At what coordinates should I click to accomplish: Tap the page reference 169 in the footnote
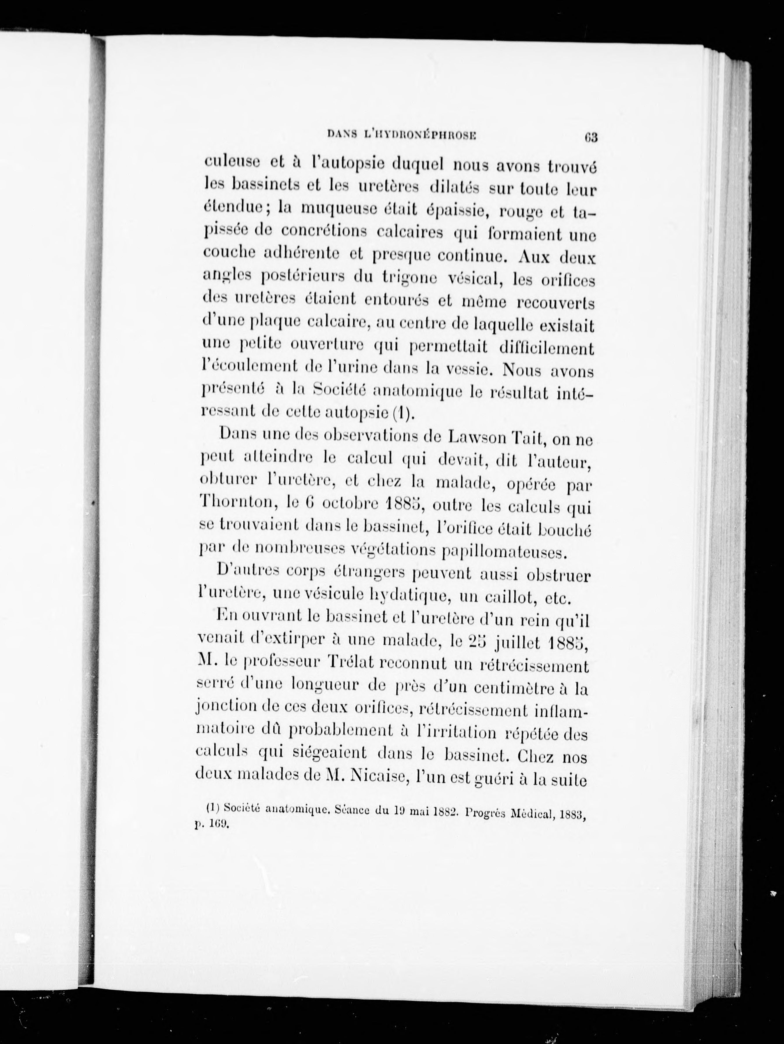click(x=219, y=825)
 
